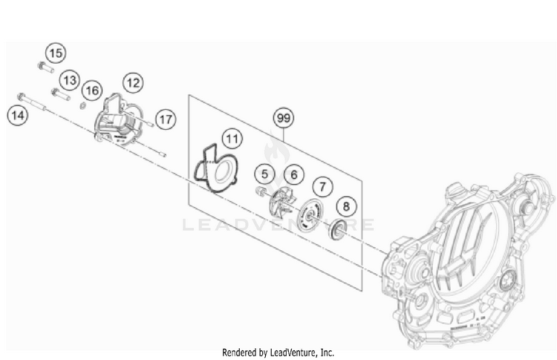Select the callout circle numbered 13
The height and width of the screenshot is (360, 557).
tap(69, 79)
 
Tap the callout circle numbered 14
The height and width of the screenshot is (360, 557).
tap(18, 115)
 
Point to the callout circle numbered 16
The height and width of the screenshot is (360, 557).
tap(91, 90)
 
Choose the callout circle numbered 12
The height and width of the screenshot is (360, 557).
tap(133, 82)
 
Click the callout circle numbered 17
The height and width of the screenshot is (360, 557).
tap(165, 119)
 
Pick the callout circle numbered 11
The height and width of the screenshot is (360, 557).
tap(232, 138)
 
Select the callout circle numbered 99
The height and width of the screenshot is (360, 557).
tap(282, 118)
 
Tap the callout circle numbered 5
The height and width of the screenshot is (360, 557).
tap(263, 174)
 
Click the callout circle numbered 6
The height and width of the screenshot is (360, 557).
tap(293, 175)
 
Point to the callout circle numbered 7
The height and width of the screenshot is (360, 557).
tap(322, 186)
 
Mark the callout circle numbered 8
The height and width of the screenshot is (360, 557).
tap(346, 206)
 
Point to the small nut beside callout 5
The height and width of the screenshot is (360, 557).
tap(261, 192)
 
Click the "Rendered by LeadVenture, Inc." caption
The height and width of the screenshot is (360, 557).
tap(278, 352)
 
